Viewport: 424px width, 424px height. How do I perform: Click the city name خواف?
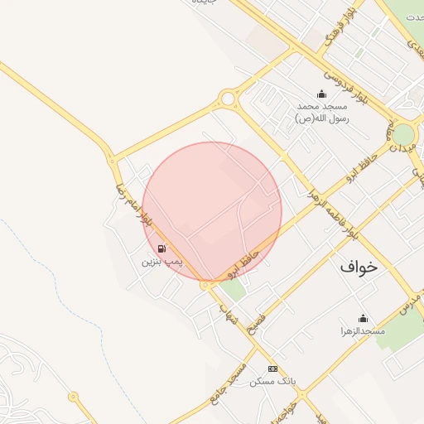(x=358, y=267)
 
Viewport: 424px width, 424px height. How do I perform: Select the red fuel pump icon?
(x=161, y=248)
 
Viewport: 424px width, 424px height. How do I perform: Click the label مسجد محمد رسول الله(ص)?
(x=322, y=113)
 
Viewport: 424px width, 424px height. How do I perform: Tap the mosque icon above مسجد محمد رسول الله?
(x=322, y=94)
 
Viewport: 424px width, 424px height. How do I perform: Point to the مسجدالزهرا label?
(x=362, y=331)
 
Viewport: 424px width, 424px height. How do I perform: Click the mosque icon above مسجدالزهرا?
(x=362, y=318)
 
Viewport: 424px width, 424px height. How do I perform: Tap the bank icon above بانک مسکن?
(x=272, y=369)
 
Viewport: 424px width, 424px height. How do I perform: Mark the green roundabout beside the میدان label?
(x=403, y=134)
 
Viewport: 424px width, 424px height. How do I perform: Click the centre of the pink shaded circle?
(x=212, y=211)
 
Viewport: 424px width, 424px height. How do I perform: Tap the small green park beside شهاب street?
(x=236, y=289)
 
